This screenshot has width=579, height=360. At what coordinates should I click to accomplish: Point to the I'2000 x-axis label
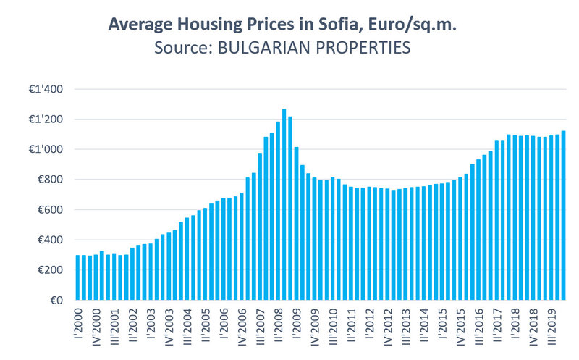pyautogui.click(x=78, y=324)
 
